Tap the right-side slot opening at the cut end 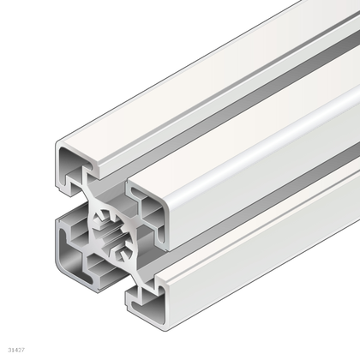click(x=154, y=249)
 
